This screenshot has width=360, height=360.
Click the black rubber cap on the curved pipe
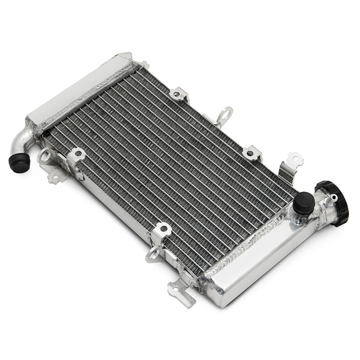click(18, 162)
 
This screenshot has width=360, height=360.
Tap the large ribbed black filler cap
click(334, 202)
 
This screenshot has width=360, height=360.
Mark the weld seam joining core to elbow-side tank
click(89, 98)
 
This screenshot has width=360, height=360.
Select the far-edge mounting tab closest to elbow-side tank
click(179, 94)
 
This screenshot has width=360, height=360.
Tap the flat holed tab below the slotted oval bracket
click(55, 177)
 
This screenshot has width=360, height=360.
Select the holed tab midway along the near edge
click(162, 230)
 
